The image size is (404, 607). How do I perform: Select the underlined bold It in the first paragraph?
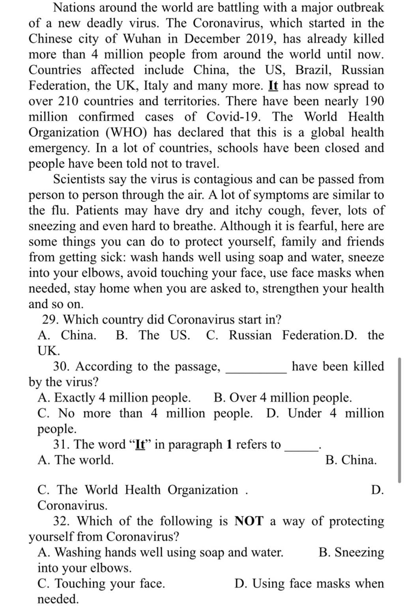click(x=273, y=86)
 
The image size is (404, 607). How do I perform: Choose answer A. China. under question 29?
click(x=67, y=335)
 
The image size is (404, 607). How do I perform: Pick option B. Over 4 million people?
click(x=282, y=398)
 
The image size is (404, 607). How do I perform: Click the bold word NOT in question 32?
click(x=249, y=521)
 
